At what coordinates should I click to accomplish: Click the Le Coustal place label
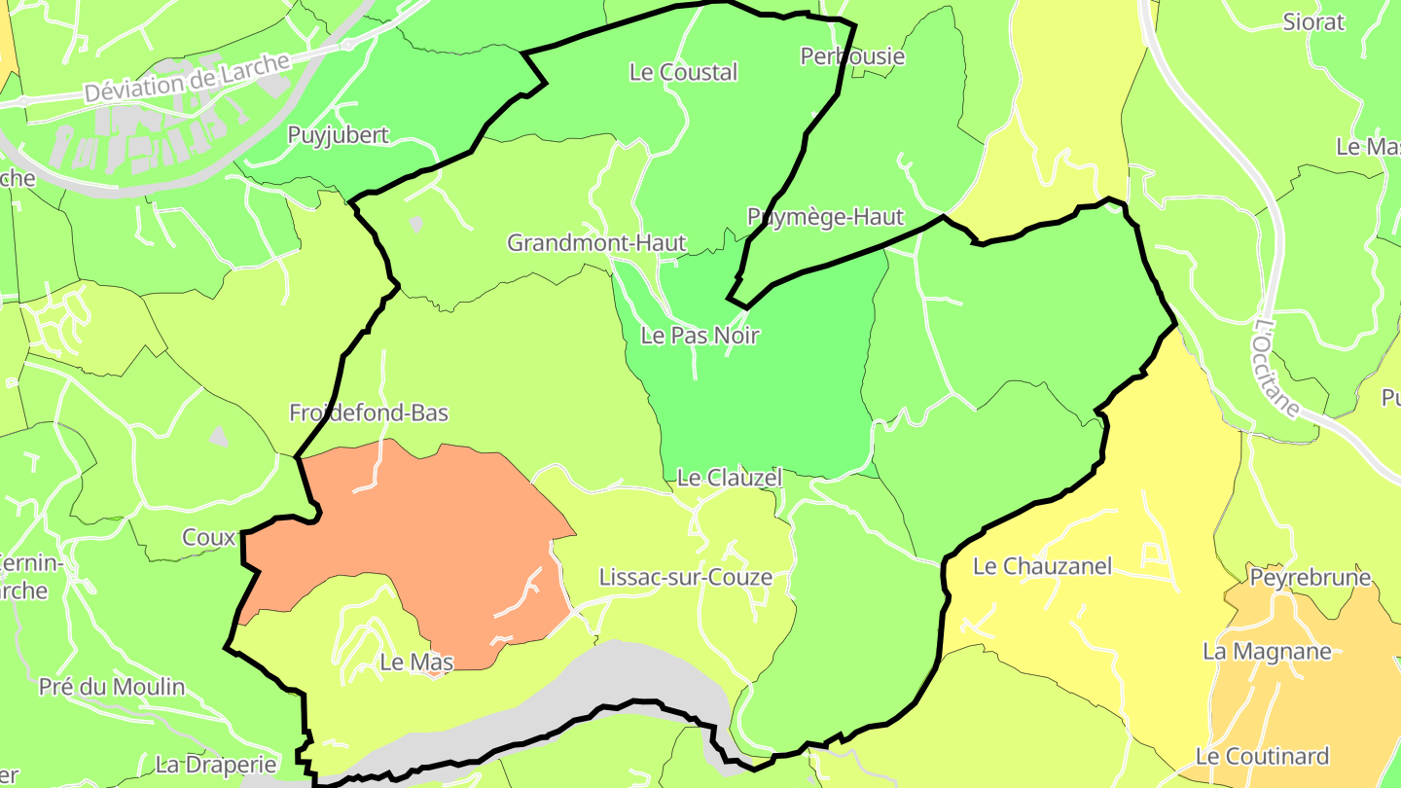684,72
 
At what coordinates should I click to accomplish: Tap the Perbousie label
852,56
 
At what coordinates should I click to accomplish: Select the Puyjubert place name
338,135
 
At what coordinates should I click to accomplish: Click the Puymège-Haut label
825,217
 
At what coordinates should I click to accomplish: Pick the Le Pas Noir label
700,336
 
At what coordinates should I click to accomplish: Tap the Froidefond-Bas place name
369,412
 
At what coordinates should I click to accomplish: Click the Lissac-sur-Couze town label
685,577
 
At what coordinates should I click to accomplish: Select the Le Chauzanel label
1042,566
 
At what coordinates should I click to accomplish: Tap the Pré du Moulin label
112,687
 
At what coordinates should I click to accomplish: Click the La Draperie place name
216,764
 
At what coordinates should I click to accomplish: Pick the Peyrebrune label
1311,578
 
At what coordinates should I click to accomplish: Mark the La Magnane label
1267,651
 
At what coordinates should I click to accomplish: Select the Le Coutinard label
1262,756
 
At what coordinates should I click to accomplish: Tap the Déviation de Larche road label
187,78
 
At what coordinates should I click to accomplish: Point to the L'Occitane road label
1276,369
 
